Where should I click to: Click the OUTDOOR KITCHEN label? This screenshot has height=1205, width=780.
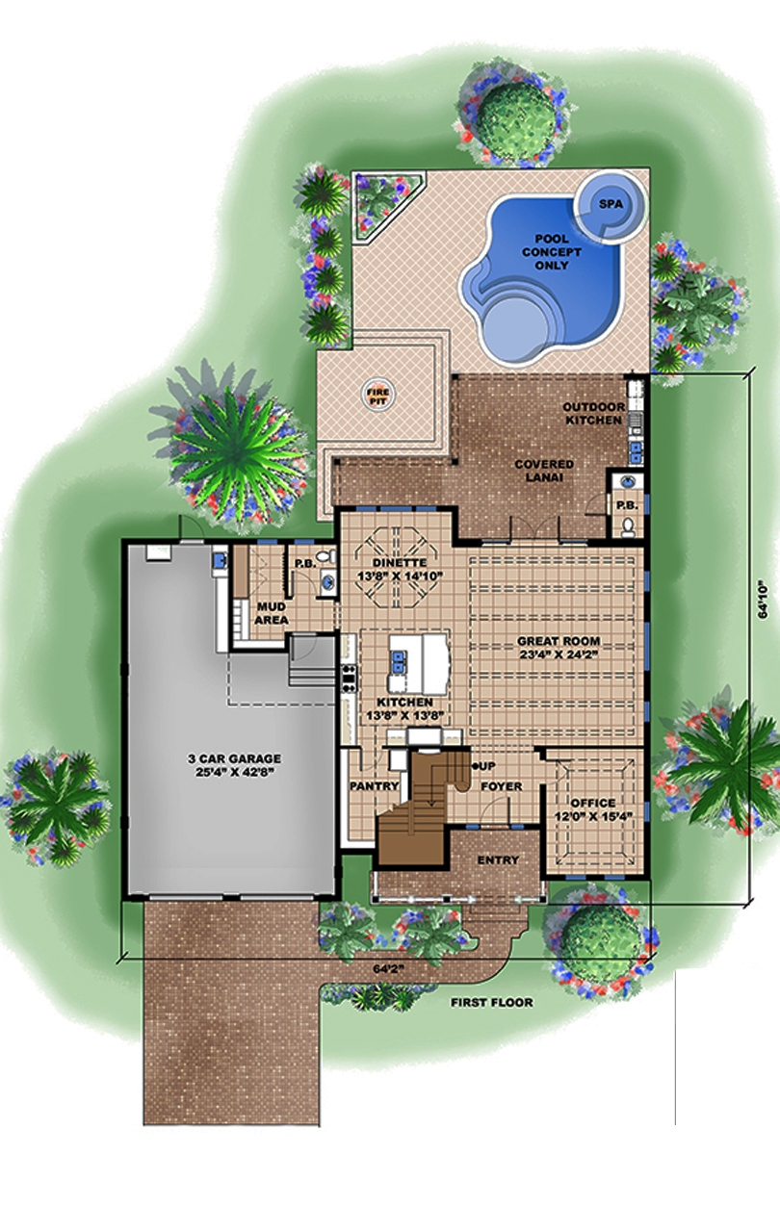click(594, 414)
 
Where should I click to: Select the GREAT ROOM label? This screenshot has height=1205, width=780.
click(559, 647)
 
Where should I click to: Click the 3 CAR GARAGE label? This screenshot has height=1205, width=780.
click(234, 764)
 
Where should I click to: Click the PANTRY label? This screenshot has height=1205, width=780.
click(374, 786)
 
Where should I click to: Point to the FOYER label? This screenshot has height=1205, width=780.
click(501, 786)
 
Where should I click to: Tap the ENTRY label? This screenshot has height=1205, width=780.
click(497, 859)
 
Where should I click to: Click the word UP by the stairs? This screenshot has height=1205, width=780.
click(486, 765)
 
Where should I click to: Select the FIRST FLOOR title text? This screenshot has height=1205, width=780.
click(491, 1002)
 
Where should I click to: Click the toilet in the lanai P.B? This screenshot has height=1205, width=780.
click(627, 526)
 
